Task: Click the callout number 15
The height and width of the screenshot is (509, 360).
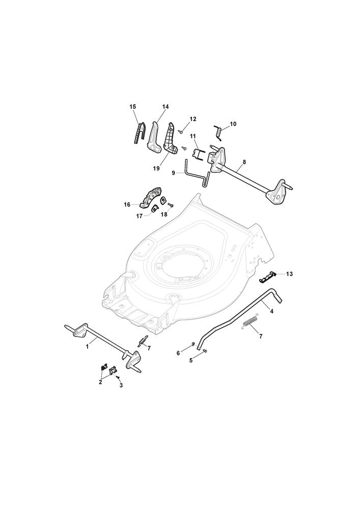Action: click(132, 107)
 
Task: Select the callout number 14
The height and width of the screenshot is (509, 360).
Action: click(165, 107)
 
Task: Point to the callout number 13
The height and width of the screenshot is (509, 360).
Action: click(289, 274)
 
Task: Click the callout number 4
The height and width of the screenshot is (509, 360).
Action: click(272, 312)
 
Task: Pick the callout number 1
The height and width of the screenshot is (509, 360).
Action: click(87, 347)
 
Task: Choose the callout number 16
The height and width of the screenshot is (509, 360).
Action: click(127, 205)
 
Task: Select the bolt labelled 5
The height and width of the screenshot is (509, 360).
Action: click(205, 351)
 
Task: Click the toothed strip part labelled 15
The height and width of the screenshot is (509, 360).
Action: click(140, 133)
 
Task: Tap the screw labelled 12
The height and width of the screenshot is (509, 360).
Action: click(181, 131)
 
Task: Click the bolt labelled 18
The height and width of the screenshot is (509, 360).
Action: click(171, 205)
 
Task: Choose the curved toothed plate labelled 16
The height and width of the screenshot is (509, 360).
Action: click(151, 196)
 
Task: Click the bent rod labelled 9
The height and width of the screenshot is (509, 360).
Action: click(195, 172)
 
